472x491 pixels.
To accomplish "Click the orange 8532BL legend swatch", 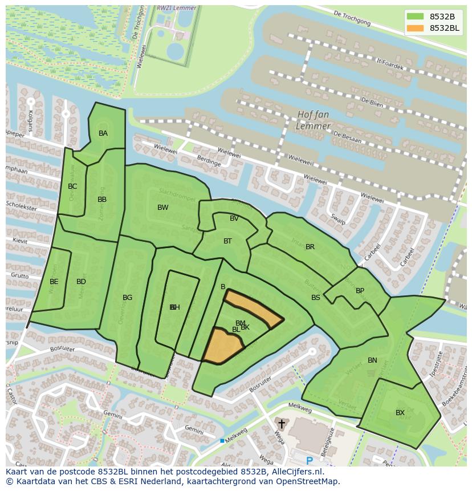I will pyautogui.click(x=415, y=28).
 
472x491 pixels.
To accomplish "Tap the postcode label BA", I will pyautogui.click(x=103, y=133).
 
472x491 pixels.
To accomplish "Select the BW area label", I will pyautogui.click(x=163, y=208).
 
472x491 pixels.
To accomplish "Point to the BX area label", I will pyautogui.click(x=400, y=413).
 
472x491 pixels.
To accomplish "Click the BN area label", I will pyautogui.click(x=372, y=360).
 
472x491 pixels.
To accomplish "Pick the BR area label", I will pyautogui.click(x=310, y=247).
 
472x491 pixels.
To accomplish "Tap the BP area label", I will pyautogui.click(x=360, y=291).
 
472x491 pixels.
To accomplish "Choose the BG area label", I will pyautogui.click(x=127, y=298).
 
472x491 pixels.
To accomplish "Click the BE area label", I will pyautogui.click(x=54, y=282).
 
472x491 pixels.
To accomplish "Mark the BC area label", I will pyautogui.click(x=72, y=186).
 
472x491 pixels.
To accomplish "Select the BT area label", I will pyautogui.click(x=227, y=241).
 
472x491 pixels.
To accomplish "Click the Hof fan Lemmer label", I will pyautogui.click(x=314, y=120).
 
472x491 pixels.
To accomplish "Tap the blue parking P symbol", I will pyautogui.click(x=310, y=461).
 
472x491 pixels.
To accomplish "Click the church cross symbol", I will pyautogui.click(x=281, y=424).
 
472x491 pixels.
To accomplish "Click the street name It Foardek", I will pyautogui.click(x=390, y=63).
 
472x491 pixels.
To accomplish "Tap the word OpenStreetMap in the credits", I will pyautogui.click(x=307, y=481).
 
